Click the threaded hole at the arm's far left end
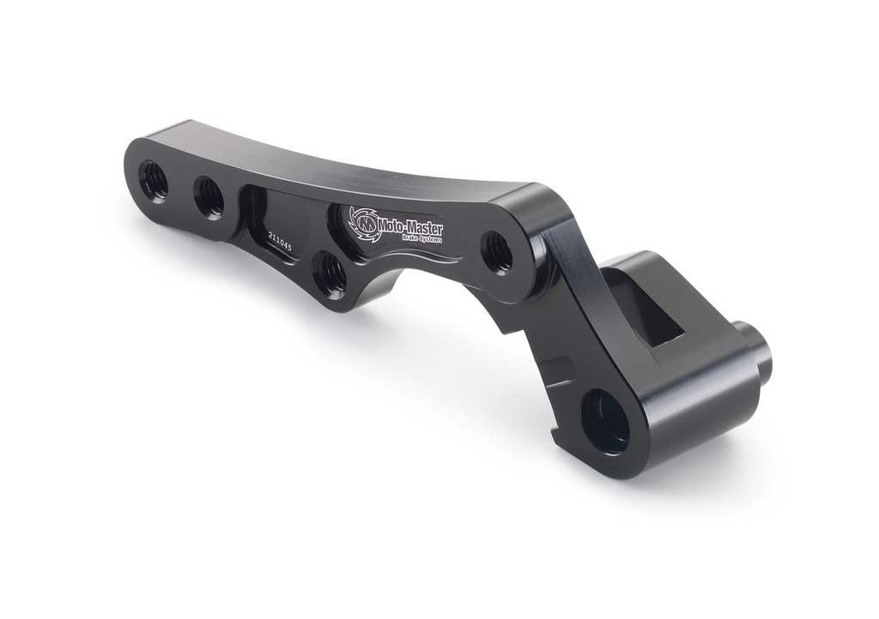click(155, 180)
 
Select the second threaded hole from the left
click(209, 197)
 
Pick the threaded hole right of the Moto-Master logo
click(497, 251)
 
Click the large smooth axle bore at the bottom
click(605, 421)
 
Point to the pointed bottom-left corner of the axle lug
click(560, 444)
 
